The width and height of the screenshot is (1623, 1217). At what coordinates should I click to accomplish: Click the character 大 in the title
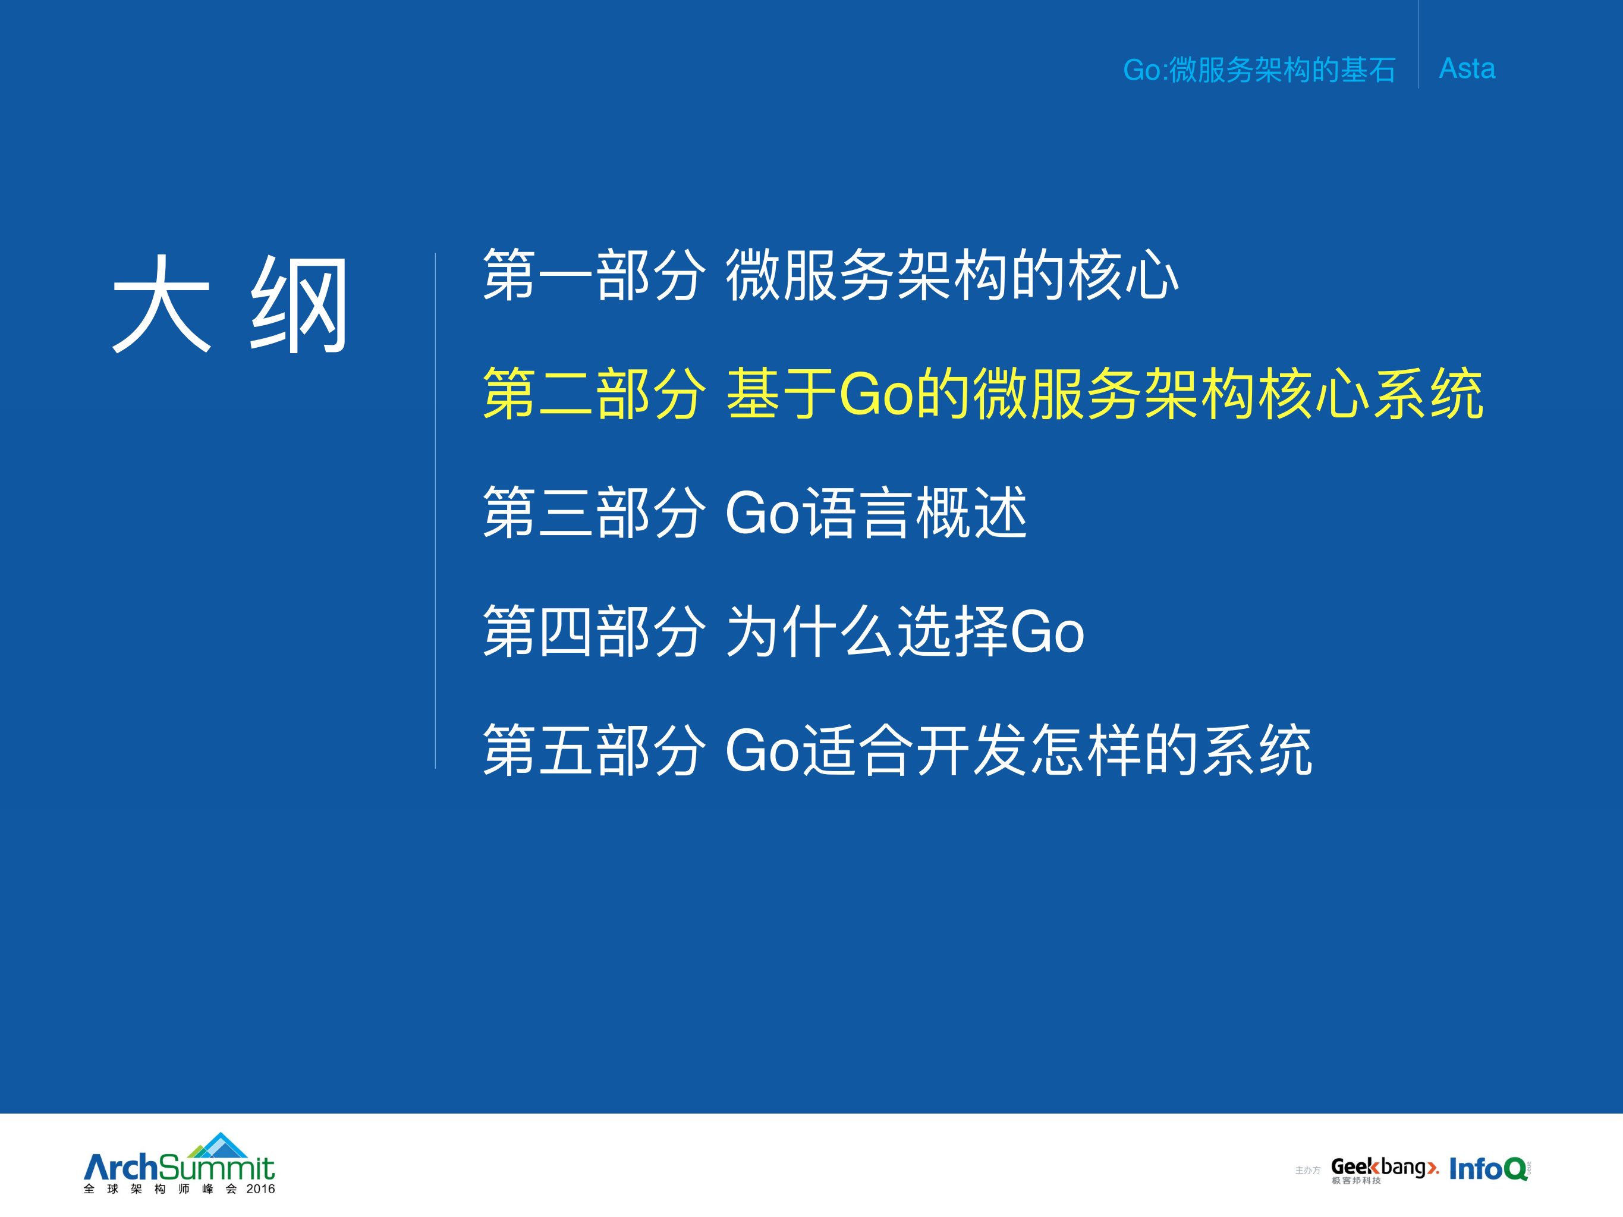pyautogui.click(x=162, y=304)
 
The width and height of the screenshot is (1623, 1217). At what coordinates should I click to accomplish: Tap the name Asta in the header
pyautogui.click(x=1466, y=69)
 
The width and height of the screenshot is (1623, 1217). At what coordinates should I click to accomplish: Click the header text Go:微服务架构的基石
pyautogui.click(x=1259, y=70)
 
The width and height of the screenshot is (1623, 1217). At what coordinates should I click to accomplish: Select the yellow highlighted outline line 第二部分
pyautogui.click(x=982, y=395)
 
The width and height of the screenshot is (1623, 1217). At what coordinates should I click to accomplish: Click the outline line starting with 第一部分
pyautogui.click(x=830, y=276)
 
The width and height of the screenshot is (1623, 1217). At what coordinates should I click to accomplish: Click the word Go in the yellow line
pyautogui.click(x=876, y=395)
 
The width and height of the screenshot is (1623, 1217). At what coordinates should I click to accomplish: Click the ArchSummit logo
pyautogui.click(x=179, y=1166)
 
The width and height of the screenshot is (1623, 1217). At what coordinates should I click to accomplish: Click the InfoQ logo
pyautogui.click(x=1487, y=1169)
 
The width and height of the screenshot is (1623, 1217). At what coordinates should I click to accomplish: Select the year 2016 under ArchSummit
pyautogui.click(x=260, y=1189)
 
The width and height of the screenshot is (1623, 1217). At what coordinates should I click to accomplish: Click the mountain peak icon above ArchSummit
pyautogui.click(x=219, y=1145)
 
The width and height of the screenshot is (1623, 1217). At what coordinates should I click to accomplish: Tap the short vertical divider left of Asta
pyautogui.click(x=1418, y=44)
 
